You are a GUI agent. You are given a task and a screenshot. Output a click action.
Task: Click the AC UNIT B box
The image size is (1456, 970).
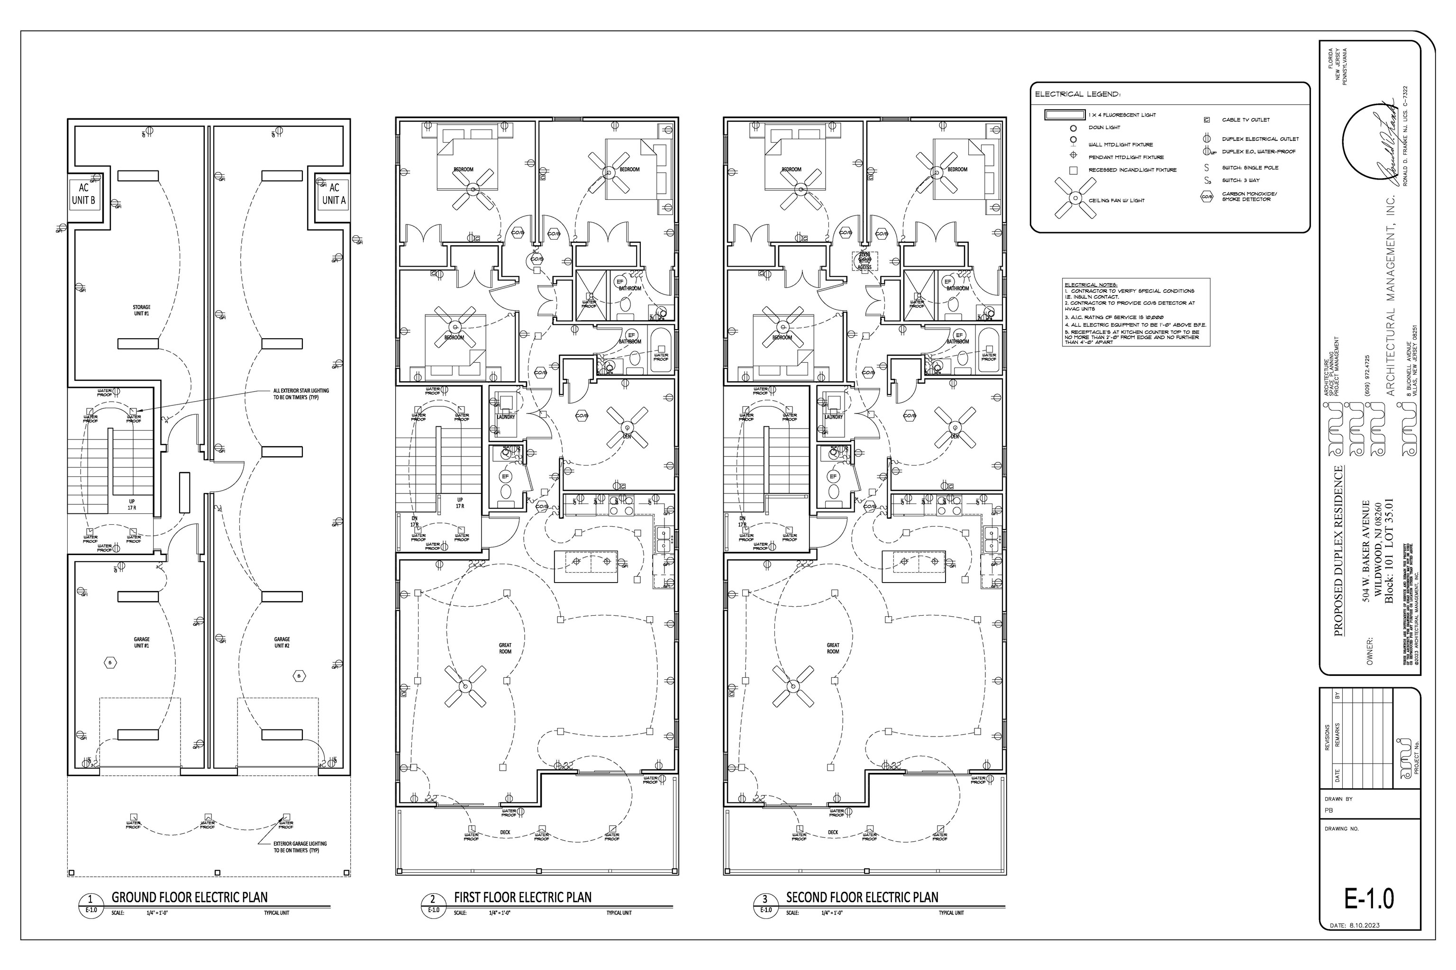click(x=83, y=194)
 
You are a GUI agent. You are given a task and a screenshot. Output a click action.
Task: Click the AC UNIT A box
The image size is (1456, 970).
click(x=334, y=194)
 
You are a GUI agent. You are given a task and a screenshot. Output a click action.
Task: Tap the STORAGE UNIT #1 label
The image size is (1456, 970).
click(x=142, y=310)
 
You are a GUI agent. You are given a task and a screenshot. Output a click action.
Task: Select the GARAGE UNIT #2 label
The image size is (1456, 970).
click(x=282, y=642)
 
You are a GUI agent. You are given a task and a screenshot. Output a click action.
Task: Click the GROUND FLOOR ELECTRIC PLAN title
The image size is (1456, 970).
click(x=190, y=898)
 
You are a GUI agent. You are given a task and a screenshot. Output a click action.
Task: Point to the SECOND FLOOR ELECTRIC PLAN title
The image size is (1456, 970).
click(x=862, y=898)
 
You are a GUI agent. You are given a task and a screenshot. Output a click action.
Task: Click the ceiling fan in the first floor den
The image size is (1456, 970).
click(x=627, y=427)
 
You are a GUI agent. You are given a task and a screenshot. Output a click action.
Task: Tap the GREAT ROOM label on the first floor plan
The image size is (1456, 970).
click(x=505, y=648)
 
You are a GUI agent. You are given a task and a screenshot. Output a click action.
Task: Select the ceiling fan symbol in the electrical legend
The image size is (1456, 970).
click(x=1071, y=198)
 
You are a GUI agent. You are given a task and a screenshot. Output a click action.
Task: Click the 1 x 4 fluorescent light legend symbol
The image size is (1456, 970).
click(x=1065, y=115)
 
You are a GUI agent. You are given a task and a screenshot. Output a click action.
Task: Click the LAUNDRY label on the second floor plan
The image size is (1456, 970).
click(x=833, y=417)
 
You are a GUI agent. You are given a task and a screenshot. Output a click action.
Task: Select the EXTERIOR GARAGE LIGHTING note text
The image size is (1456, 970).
click(x=300, y=847)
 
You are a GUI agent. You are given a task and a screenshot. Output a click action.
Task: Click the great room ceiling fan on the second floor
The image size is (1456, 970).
click(x=793, y=686)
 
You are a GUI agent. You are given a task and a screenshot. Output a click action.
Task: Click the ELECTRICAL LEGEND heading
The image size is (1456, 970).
click(x=1077, y=95)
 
